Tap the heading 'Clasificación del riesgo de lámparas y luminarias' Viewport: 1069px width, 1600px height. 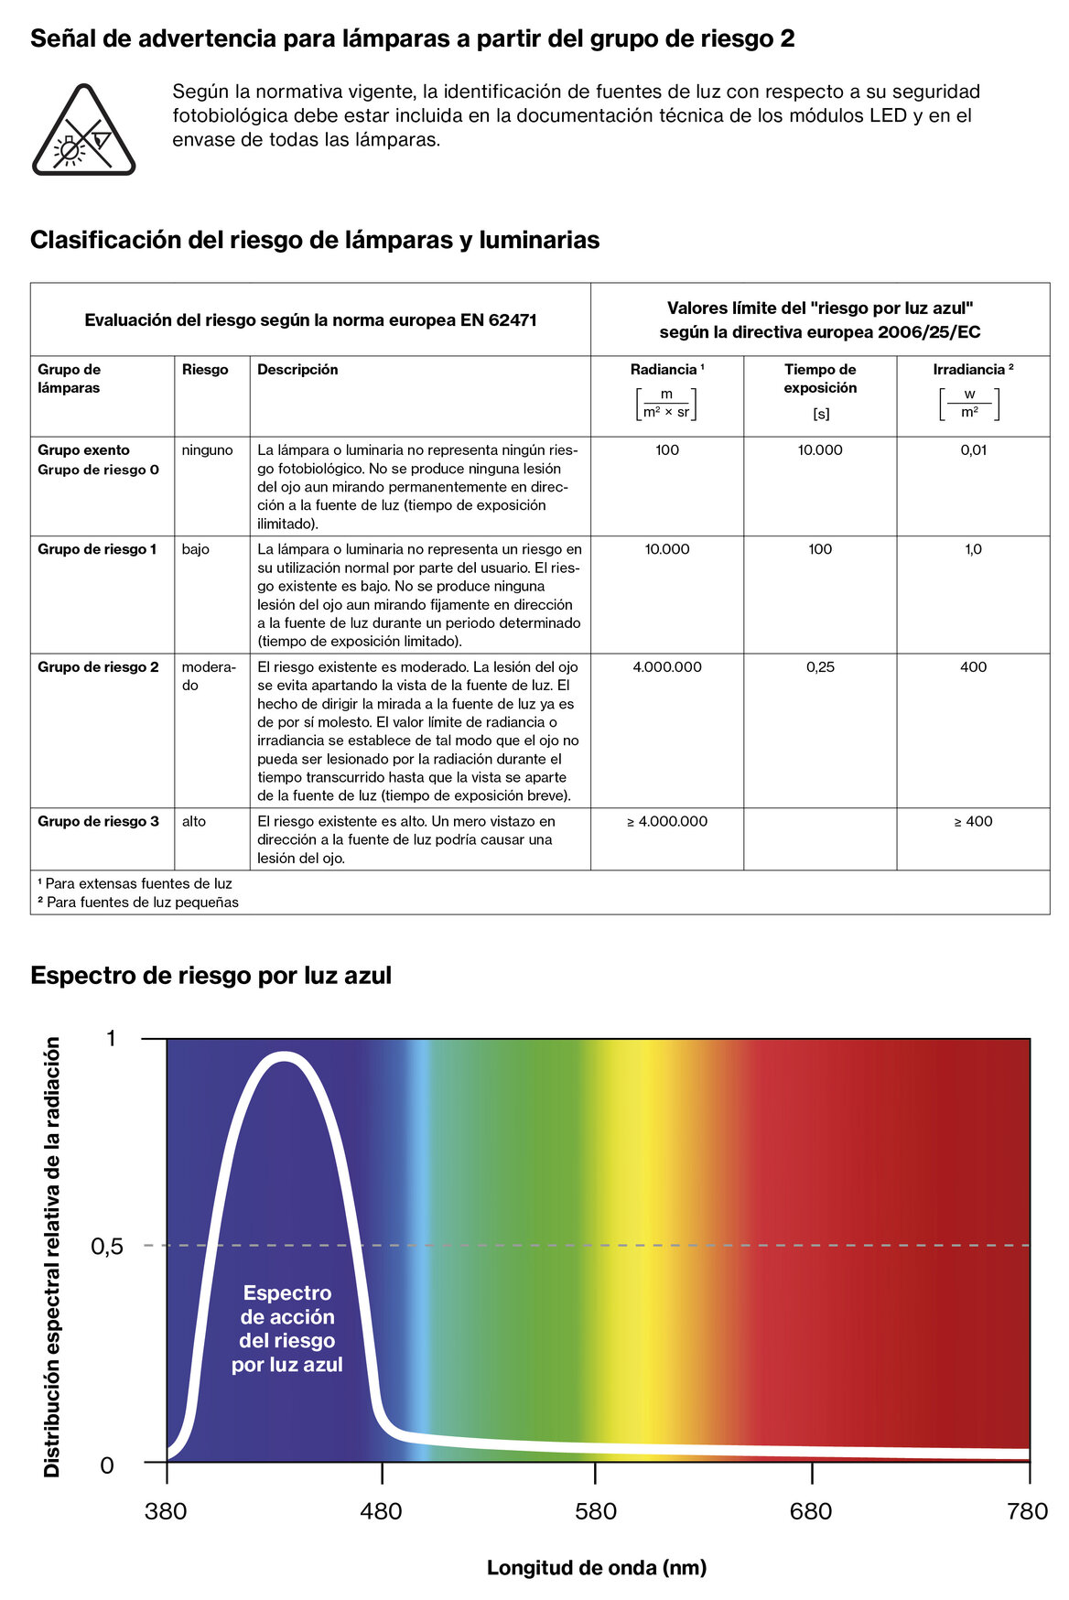(315, 240)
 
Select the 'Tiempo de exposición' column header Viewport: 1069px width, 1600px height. (820, 378)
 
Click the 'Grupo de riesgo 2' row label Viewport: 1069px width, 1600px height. (98, 667)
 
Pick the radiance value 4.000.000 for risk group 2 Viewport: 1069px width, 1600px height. (667, 667)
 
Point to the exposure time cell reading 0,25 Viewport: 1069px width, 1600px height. (820, 667)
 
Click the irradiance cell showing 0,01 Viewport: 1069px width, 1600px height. (973, 450)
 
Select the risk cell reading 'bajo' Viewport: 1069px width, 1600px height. (195, 549)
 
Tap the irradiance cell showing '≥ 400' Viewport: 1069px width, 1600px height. (973, 821)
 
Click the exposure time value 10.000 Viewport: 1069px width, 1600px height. (820, 450)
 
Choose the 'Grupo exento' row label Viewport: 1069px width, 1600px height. (83, 450)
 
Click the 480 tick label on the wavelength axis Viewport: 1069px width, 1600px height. (381, 1511)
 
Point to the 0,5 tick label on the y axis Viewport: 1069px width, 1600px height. (106, 1247)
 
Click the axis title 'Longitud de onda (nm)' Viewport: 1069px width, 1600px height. (597, 1568)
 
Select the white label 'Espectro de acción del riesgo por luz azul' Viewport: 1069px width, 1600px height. (286, 1329)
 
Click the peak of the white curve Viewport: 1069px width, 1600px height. (284, 1058)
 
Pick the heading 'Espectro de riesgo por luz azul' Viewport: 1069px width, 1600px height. (211, 976)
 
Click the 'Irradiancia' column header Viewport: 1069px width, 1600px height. (972, 370)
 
